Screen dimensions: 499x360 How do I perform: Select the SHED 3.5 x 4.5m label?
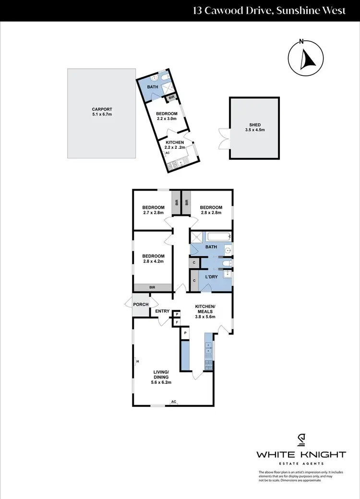tap(254, 127)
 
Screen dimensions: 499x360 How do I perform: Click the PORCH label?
tap(141, 304)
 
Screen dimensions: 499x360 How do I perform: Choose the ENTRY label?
tap(162, 311)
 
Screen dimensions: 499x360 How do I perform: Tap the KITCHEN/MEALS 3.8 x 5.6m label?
tap(205, 311)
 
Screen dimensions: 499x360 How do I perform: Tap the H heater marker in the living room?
tap(137, 361)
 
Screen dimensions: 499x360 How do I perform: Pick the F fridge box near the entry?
tap(177, 322)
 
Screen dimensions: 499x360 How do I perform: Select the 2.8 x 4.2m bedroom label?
tap(153, 259)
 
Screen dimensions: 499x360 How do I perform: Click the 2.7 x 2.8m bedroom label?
tap(153, 209)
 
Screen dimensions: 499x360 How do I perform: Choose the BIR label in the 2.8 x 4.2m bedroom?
tap(153, 287)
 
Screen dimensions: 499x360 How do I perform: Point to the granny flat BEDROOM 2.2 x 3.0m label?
tap(166, 116)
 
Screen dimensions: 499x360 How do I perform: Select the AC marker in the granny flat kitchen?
tap(167, 153)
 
